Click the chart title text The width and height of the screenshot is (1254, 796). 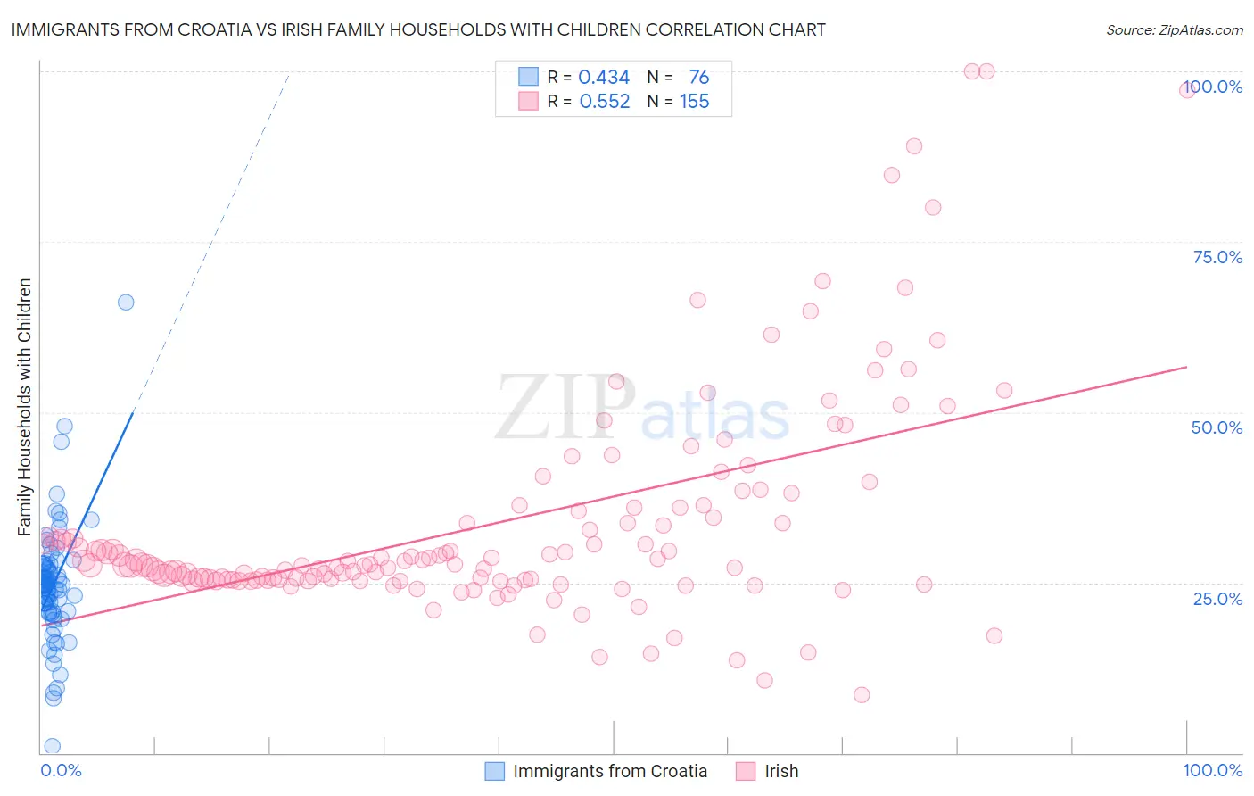pyautogui.click(x=418, y=29)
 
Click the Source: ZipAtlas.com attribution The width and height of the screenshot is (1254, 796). pyautogui.click(x=1174, y=29)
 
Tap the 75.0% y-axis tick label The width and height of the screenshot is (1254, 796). pyautogui.click(x=1217, y=257)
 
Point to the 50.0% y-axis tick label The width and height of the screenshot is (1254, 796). pyautogui.click(x=1217, y=427)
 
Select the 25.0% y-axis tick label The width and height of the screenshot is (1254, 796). pyautogui.click(x=1217, y=599)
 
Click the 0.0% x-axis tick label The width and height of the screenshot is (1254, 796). pyautogui.click(x=61, y=771)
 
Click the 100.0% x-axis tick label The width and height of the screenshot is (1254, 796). pyautogui.click(x=1212, y=771)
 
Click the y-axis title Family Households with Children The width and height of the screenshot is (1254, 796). pyautogui.click(x=25, y=407)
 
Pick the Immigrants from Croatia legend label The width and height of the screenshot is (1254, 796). pyautogui.click(x=610, y=772)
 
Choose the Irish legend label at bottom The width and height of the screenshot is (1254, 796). pyautogui.click(x=781, y=772)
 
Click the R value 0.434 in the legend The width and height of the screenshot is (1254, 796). pyautogui.click(x=604, y=78)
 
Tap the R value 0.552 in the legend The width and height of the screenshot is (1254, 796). pyautogui.click(x=605, y=102)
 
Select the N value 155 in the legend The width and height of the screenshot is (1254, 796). pyautogui.click(x=695, y=102)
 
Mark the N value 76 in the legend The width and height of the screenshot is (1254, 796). pyautogui.click(x=698, y=78)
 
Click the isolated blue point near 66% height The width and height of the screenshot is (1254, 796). pyautogui.click(x=126, y=303)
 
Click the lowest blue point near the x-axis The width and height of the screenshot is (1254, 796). pyautogui.click(x=53, y=746)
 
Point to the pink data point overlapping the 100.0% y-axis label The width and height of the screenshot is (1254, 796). pyautogui.click(x=1187, y=89)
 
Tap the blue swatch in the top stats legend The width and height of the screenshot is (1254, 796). pyautogui.click(x=529, y=77)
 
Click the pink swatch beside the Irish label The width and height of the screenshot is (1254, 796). pyautogui.click(x=746, y=772)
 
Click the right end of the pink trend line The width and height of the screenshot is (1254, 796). pyautogui.click(x=1186, y=367)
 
